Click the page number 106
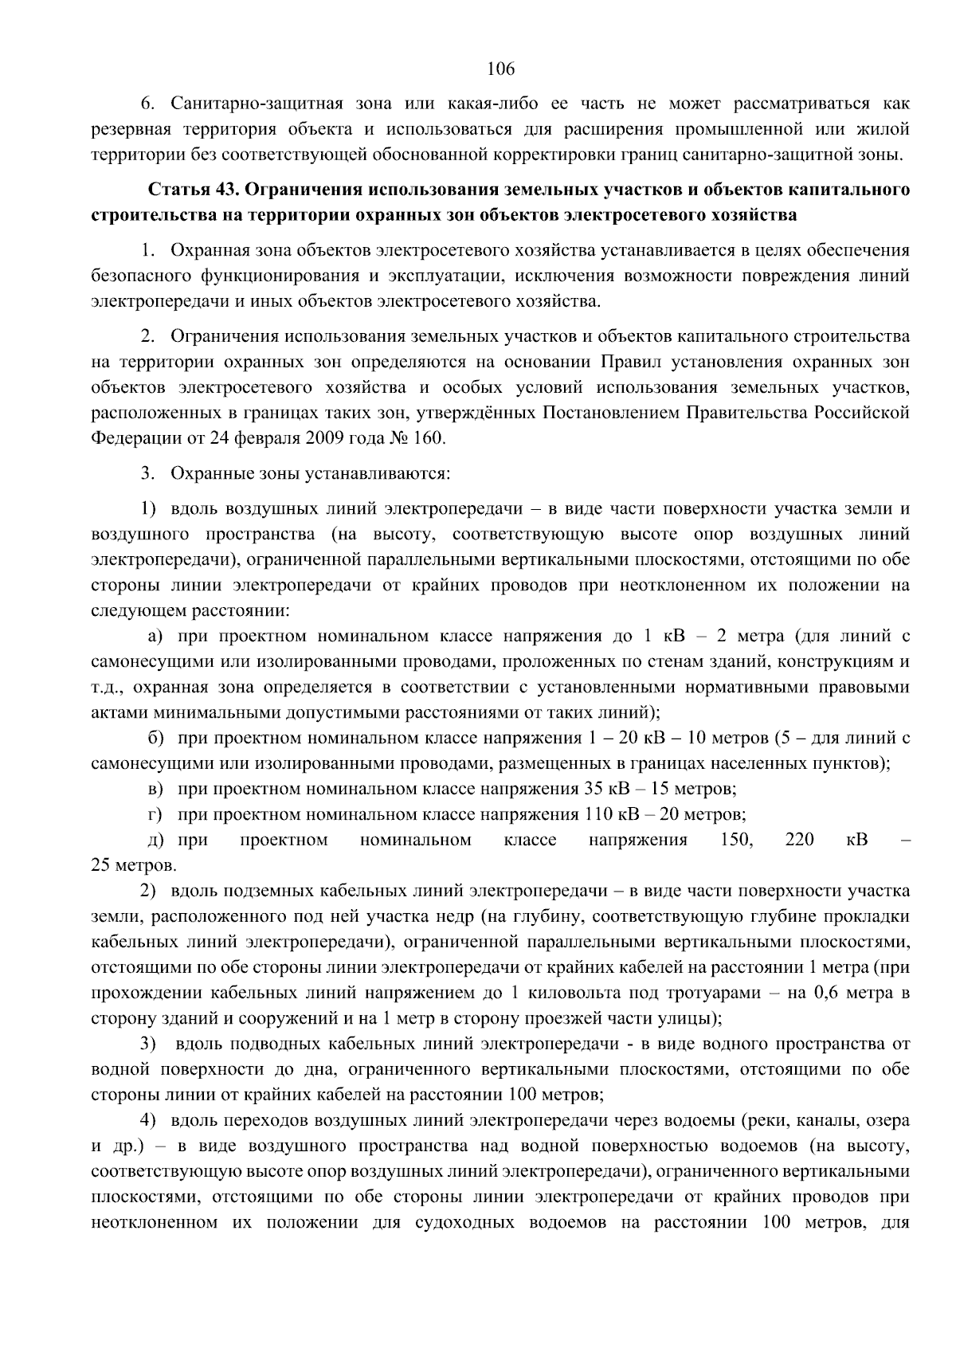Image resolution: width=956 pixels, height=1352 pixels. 501,68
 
